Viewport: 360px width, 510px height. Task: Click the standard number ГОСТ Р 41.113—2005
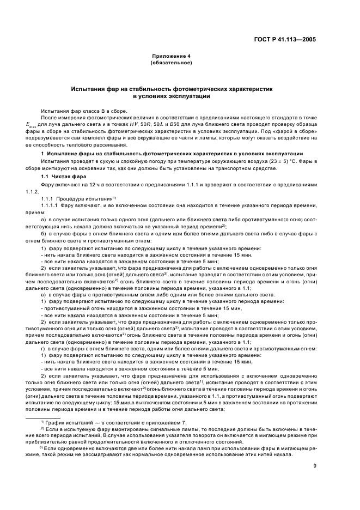(x=289, y=39)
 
